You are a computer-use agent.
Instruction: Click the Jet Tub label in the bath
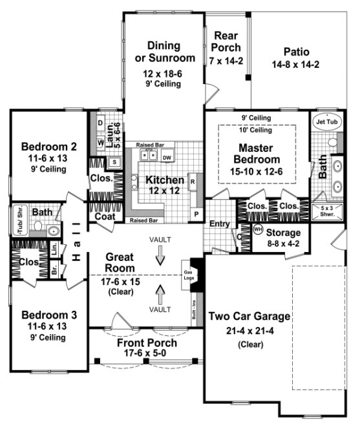tap(324, 121)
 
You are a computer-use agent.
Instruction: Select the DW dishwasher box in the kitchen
tap(167, 157)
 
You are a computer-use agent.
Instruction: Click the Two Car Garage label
tap(249, 317)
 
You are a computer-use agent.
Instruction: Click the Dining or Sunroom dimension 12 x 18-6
tap(163, 74)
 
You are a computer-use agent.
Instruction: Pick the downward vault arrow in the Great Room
tap(160, 257)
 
